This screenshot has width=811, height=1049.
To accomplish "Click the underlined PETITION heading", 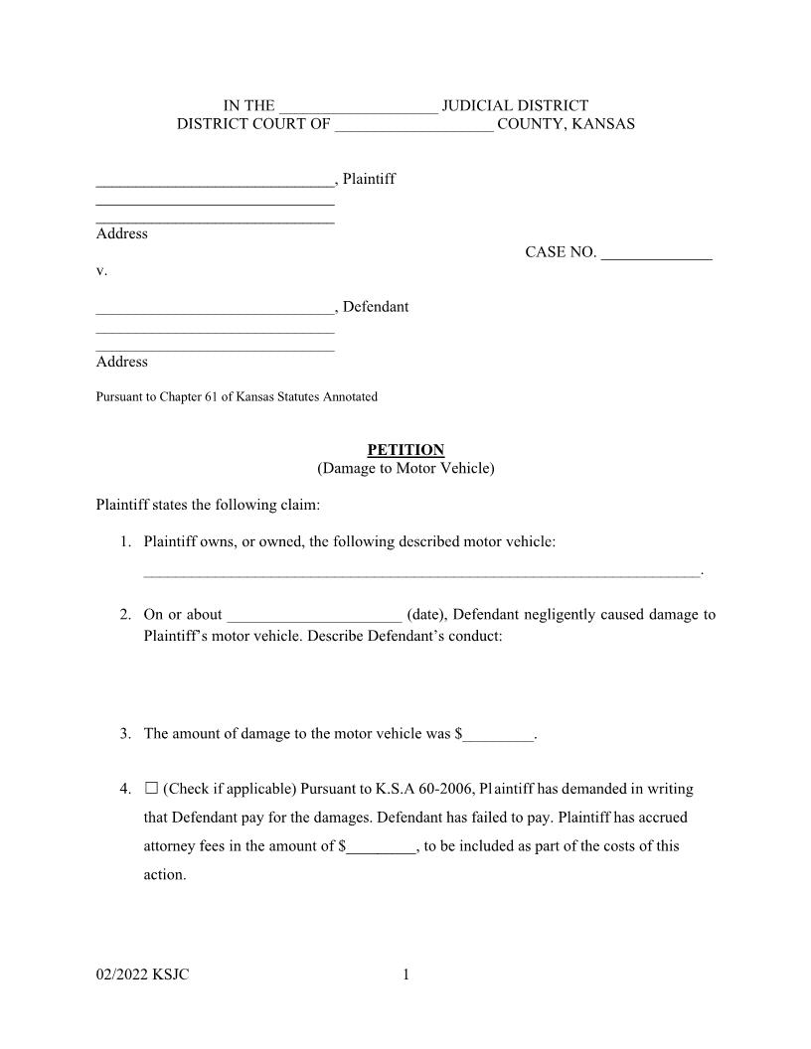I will [405, 450].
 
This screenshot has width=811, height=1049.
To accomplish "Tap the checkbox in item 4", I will [151, 790].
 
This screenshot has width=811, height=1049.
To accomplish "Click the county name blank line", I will [413, 126].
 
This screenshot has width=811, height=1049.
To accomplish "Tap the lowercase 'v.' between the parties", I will [101, 270].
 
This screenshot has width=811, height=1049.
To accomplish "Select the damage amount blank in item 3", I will [499, 736].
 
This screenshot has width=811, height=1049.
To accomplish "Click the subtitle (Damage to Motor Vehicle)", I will [405, 469].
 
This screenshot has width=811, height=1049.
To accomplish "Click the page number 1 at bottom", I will [405, 974].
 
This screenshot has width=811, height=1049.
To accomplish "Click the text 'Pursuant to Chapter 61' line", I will [237, 396].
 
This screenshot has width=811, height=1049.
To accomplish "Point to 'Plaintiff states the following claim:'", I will [208, 505].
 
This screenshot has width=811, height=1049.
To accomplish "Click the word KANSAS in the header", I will [601, 125].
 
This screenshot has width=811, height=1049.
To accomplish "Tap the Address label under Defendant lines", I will [121, 362].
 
